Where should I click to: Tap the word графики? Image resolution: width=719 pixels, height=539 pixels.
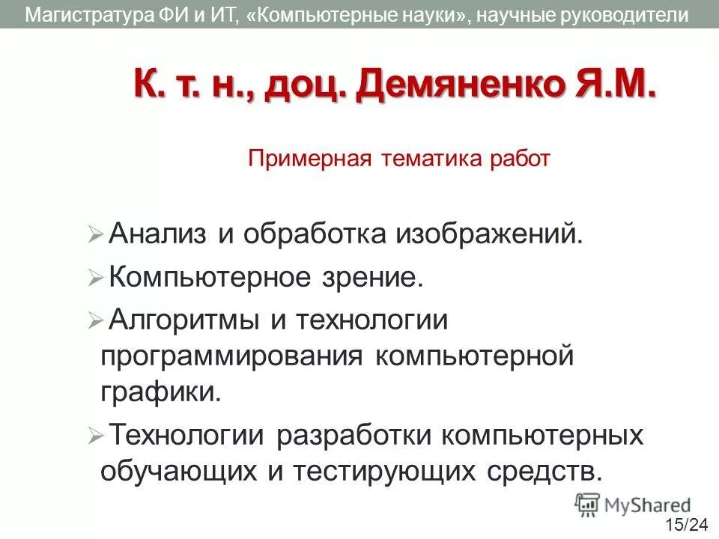pyautogui.click(x=161, y=392)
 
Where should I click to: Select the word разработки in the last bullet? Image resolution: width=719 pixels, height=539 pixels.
pyautogui.click(x=352, y=435)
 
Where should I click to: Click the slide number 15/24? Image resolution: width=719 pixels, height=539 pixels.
pyautogui.click(x=685, y=524)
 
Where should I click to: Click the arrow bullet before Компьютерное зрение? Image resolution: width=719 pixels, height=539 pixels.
pyautogui.click(x=94, y=279)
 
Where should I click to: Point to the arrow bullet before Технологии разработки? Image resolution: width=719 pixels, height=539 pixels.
pyautogui.click(x=94, y=436)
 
